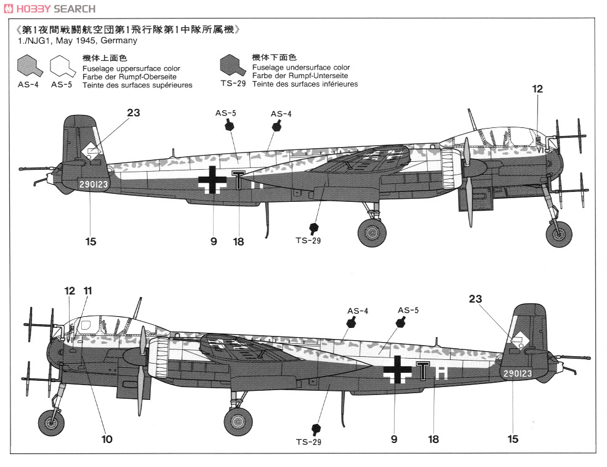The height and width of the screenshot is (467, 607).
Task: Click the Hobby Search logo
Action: pyautogui.click(x=49, y=9)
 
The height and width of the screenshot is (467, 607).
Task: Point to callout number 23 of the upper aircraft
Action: pyautogui.click(x=133, y=113)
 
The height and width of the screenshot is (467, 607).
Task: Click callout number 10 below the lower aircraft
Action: pyautogui.click(x=107, y=439)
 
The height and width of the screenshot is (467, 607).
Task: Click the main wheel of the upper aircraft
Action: pyautogui.click(x=372, y=233)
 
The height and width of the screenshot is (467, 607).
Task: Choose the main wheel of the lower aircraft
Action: pyautogui.click(x=238, y=421)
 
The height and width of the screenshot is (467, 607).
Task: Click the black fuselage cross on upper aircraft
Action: pyautogui.click(x=213, y=180)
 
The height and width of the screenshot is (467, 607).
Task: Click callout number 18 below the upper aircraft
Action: pyautogui.click(x=238, y=242)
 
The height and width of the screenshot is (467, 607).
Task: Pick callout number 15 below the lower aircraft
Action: pyautogui.click(x=513, y=439)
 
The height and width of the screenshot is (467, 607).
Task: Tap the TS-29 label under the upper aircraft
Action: pyautogui.click(x=308, y=241)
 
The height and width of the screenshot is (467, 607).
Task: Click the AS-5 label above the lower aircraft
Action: pyautogui.click(x=408, y=310)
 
